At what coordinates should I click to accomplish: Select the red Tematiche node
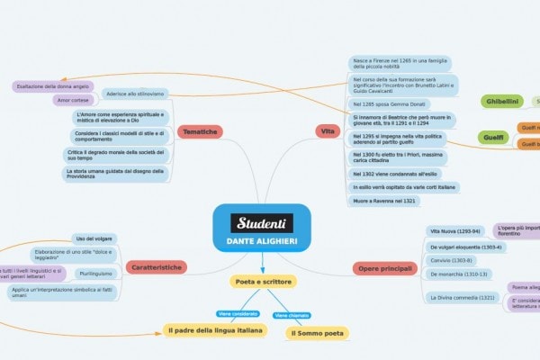[200, 132]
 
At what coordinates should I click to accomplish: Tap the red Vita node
[328, 132]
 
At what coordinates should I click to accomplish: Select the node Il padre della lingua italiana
[216, 331]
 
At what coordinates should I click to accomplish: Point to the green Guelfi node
[493, 137]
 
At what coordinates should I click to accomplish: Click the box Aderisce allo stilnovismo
[135, 94]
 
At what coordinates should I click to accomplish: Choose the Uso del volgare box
[93, 238]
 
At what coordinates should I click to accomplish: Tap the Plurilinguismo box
[96, 273]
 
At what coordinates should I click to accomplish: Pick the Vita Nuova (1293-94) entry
[456, 231]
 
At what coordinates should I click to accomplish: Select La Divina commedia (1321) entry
[462, 296]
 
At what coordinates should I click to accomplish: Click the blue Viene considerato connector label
[238, 313]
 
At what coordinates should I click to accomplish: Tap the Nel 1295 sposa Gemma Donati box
[389, 104]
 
